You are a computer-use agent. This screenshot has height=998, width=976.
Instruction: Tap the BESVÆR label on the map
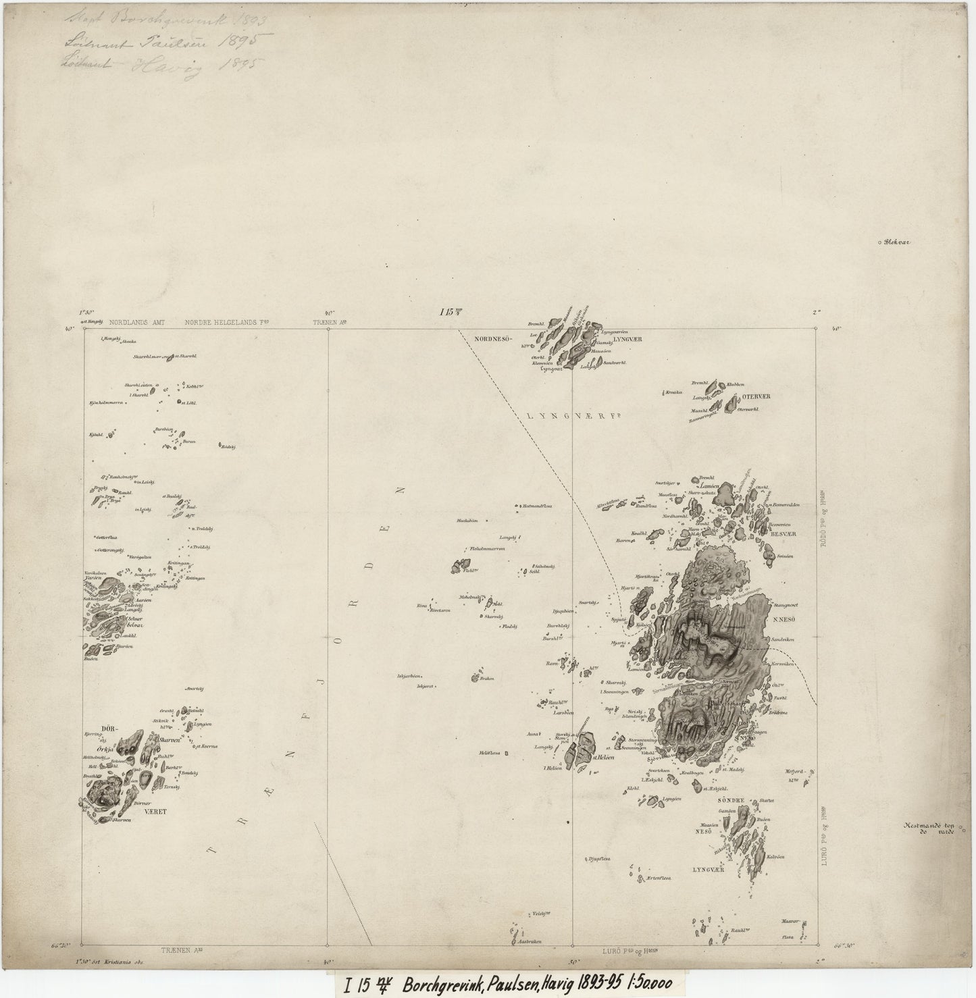[783, 533]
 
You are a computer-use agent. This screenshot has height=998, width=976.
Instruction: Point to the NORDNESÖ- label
[494, 338]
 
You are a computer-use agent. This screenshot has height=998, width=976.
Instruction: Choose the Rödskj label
[227, 446]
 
